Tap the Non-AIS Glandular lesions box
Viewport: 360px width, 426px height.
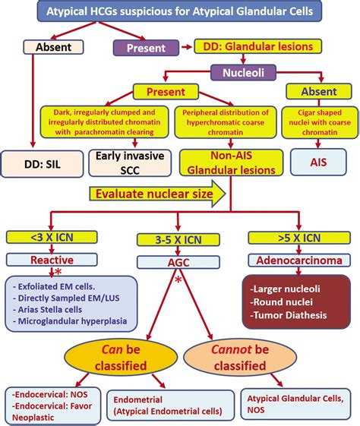pyautogui.click(x=221, y=162)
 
